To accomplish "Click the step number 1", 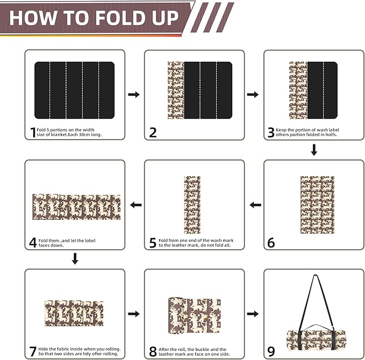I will pos(32,132).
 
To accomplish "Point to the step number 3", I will pos(270,132).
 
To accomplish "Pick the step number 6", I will pos(271,243).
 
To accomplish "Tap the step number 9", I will pos(271,352).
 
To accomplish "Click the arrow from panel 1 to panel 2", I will pos(134,95).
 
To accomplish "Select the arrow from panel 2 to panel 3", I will pos(253,95).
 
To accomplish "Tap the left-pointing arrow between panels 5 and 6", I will pos(255,205).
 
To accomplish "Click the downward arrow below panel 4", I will pos(75,260).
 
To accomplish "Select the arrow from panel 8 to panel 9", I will pos(253,313).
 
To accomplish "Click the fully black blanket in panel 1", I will pos(75,90).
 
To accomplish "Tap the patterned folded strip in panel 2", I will pos(176,90).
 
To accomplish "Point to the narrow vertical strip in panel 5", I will pos(192,205).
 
